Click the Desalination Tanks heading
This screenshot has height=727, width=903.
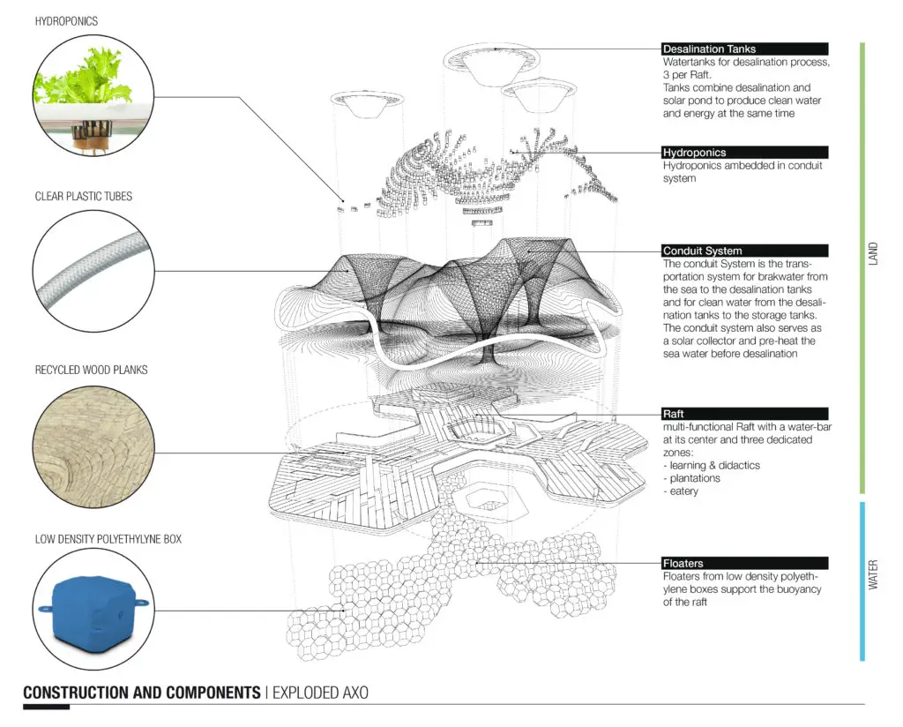coord(709,49)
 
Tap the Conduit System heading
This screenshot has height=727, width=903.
coord(702,251)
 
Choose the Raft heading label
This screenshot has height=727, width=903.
coord(673,414)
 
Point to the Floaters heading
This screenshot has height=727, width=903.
coord(683,563)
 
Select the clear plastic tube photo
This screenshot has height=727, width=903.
coord(93,271)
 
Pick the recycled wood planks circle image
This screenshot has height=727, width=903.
coord(93,446)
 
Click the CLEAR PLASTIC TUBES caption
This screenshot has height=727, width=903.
coord(84,197)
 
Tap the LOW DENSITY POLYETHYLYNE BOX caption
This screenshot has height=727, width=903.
coord(108,539)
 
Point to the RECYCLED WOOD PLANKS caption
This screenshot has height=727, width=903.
coord(91,370)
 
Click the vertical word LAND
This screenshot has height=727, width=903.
coord(873,253)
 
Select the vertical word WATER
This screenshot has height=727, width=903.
coord(873,574)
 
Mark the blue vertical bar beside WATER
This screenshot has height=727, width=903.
coord(862,581)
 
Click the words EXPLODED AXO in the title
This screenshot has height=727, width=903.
coord(320,693)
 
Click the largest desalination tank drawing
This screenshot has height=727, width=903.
coord(492,64)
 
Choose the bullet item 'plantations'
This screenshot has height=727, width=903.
coord(691,478)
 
